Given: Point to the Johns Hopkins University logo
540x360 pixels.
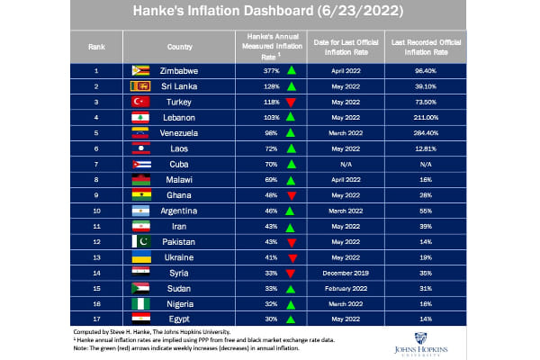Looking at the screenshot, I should (473, 346).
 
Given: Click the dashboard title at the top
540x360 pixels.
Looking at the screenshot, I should (270, 13).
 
